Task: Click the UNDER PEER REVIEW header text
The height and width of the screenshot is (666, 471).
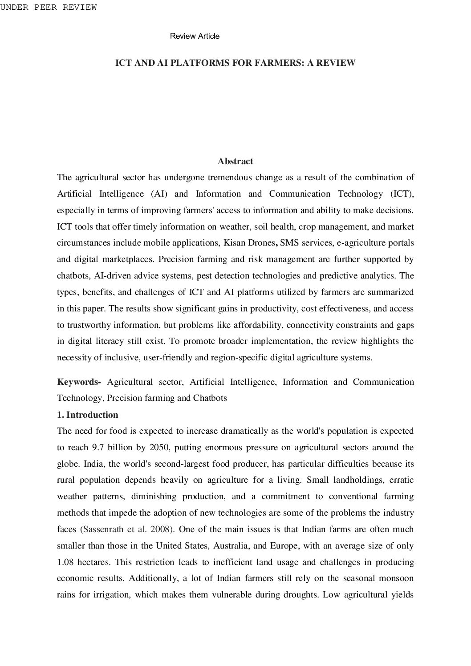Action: click(x=48, y=8)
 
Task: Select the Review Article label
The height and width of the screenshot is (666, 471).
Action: click(x=195, y=36)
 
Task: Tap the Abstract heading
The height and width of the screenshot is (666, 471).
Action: click(x=235, y=161)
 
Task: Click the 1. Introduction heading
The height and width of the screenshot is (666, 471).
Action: click(x=88, y=415)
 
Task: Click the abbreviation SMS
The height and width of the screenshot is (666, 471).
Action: click(x=289, y=243)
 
